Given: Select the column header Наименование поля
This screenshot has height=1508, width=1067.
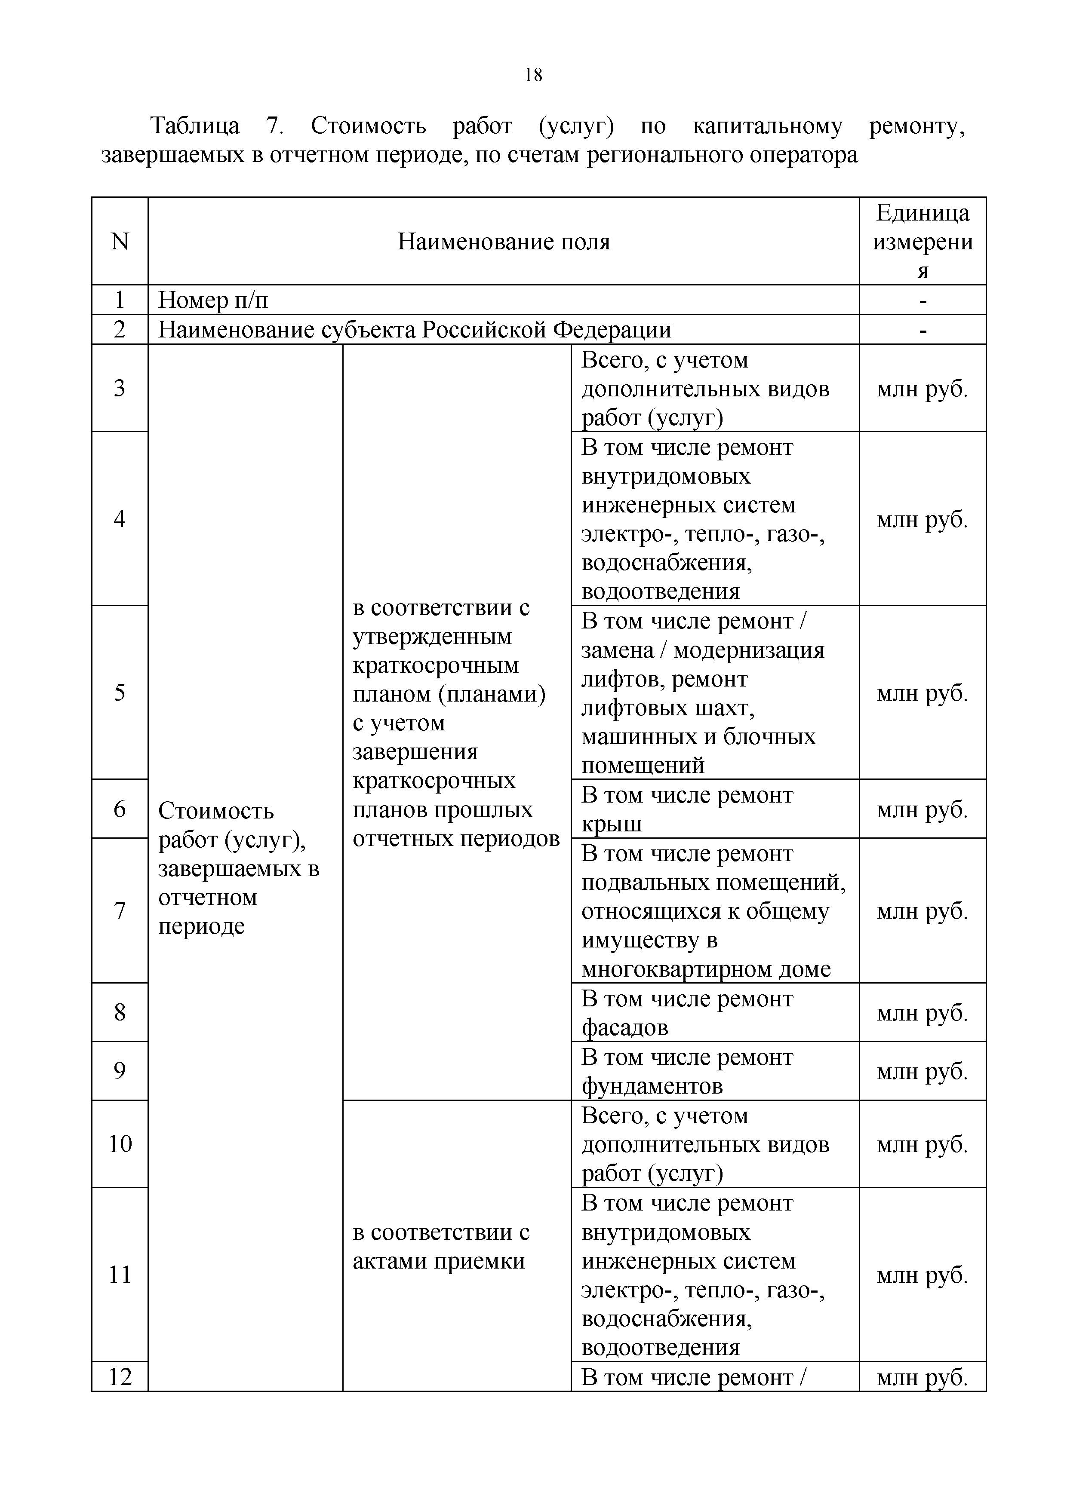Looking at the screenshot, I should tap(503, 242).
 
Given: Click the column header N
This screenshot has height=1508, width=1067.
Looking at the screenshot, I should tap(120, 242).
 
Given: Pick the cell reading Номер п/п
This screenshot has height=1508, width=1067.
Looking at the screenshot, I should tap(213, 300).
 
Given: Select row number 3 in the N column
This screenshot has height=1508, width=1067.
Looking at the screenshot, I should tap(120, 388).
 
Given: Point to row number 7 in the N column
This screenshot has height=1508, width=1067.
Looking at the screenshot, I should tap(120, 911).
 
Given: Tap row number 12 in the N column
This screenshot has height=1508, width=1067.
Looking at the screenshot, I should tap(120, 1376).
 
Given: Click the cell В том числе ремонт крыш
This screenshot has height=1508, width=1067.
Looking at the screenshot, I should tap(686, 809).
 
